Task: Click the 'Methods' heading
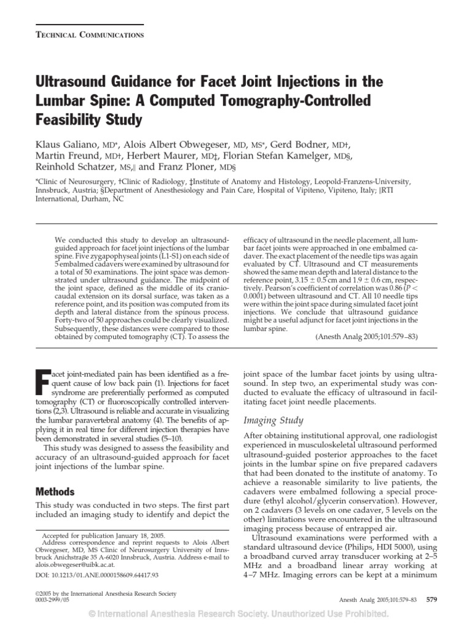55,492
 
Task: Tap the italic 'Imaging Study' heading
273,420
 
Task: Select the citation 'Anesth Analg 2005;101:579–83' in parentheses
367,337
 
